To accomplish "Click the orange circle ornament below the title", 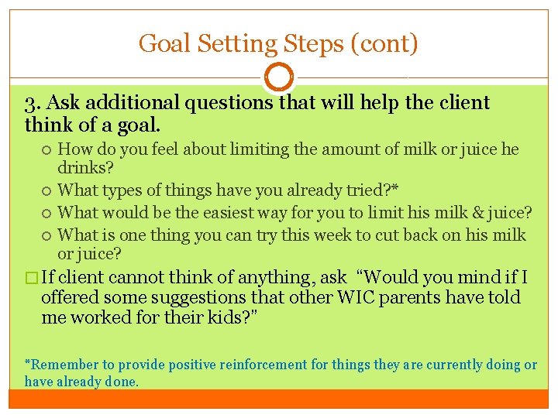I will point(279,77).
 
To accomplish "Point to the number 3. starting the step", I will point(33,103).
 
